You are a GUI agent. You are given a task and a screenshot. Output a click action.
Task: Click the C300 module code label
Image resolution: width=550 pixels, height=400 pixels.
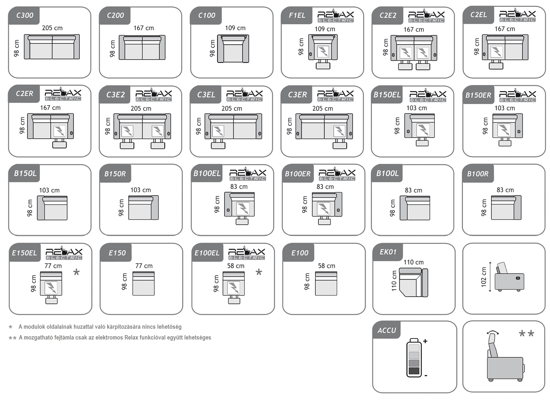(25, 15)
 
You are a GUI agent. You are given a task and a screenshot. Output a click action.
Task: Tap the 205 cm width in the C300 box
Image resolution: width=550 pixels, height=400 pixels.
(52, 28)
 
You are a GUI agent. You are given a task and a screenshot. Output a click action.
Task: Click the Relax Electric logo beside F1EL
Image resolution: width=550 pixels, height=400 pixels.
(336, 16)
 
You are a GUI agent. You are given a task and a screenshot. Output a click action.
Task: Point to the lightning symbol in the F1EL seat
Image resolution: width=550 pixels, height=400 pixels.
(323, 51)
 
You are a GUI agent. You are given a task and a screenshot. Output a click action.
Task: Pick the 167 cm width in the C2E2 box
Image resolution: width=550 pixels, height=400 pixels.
(414, 29)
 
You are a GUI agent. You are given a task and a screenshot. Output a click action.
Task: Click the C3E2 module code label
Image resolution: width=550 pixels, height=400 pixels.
(116, 95)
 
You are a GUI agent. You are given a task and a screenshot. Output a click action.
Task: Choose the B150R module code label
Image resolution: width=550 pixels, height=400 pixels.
(115, 174)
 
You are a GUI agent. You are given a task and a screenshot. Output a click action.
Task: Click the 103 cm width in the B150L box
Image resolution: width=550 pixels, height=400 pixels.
(49, 190)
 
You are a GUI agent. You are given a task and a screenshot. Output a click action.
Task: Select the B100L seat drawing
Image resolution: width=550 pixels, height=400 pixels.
(415, 208)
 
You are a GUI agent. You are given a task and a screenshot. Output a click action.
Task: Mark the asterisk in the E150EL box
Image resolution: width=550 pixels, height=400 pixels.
(76, 272)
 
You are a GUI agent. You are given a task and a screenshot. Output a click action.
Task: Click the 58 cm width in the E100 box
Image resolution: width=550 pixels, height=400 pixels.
(327, 266)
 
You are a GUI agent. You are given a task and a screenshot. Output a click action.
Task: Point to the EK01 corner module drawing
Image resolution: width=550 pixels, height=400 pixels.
(414, 282)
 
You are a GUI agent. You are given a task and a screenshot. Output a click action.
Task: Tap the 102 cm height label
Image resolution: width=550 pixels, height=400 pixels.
(484, 277)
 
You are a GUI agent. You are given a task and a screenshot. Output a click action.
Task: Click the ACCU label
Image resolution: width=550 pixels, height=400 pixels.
(387, 330)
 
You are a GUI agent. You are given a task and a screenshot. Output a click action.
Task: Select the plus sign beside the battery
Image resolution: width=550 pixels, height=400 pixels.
(425, 341)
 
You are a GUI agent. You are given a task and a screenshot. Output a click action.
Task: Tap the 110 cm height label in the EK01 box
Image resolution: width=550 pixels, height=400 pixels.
(394, 281)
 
